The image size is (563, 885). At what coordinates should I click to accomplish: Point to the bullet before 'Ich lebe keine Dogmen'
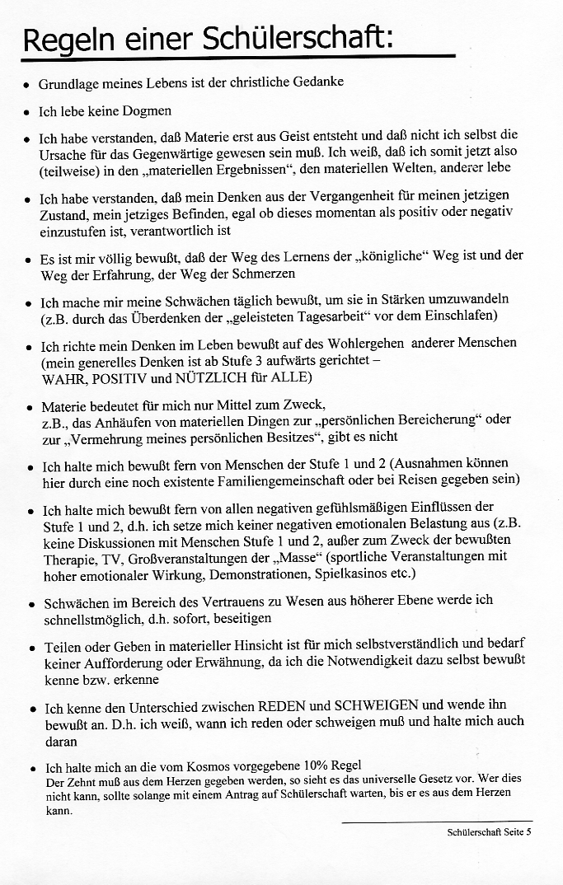(28, 111)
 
